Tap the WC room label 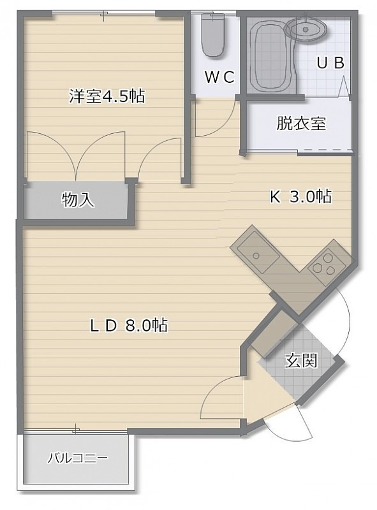(x=219, y=76)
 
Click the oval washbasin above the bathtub (x=306, y=29)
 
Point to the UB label (x=330, y=62)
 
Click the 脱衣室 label (x=301, y=123)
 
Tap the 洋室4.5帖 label (x=107, y=96)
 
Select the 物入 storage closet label (x=78, y=200)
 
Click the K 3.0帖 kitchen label (x=300, y=196)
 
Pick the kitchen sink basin (x=258, y=255)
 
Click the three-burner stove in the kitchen (x=326, y=264)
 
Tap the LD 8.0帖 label (x=129, y=325)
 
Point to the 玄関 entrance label (x=301, y=360)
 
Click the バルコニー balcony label (x=77, y=458)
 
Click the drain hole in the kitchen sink (x=256, y=256)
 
